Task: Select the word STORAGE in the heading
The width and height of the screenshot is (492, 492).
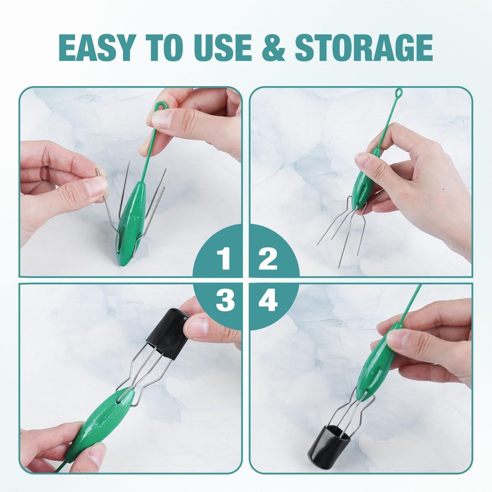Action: pyautogui.click(x=363, y=47)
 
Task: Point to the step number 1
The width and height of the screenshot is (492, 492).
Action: pyautogui.click(x=225, y=259)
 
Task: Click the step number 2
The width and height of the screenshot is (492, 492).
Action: pyautogui.click(x=268, y=259)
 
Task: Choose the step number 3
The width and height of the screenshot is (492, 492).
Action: pyautogui.click(x=225, y=301)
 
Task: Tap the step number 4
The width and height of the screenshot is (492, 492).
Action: pyautogui.click(x=268, y=301)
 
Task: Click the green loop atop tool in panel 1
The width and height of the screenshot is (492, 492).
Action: pyautogui.click(x=161, y=108)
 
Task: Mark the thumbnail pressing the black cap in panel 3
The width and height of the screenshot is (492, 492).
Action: pyautogui.click(x=196, y=326)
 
